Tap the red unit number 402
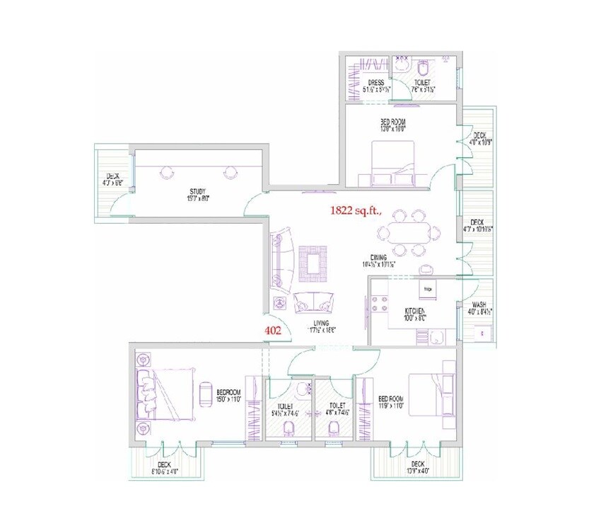(x=273, y=329)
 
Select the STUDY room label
(x=197, y=191)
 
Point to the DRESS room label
(x=375, y=83)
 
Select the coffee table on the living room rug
(x=312, y=261)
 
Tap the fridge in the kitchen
(x=428, y=290)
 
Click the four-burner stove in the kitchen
(x=378, y=306)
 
